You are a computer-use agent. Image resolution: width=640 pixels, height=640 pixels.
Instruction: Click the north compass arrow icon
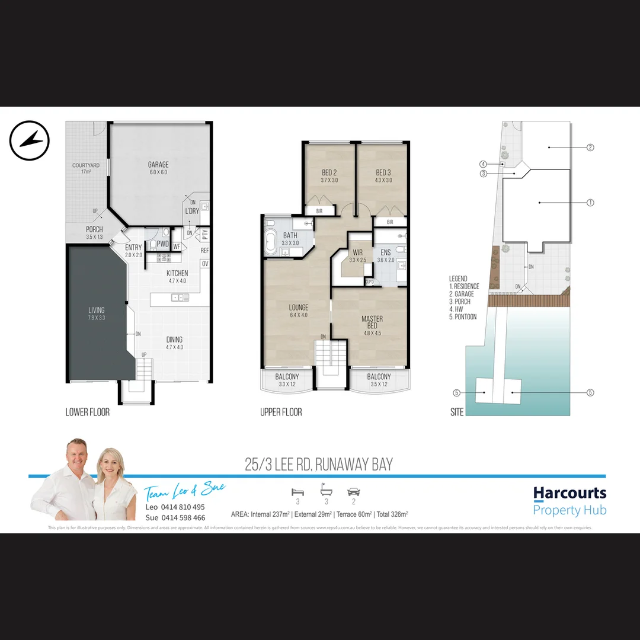[29, 140]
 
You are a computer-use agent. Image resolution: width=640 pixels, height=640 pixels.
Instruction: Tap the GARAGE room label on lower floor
[158, 165]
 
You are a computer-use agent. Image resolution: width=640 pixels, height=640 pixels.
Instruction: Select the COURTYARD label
[86, 165]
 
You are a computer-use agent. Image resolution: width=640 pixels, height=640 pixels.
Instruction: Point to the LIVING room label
[97, 310]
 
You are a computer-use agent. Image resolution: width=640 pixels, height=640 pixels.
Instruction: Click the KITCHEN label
[177, 273]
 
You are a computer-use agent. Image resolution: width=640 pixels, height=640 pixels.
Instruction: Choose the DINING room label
[175, 340]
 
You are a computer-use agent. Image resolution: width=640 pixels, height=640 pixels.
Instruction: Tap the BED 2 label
[329, 172]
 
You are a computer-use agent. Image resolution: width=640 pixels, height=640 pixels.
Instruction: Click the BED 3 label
[383, 172]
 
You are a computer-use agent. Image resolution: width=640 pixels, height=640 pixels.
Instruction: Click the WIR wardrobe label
[357, 252]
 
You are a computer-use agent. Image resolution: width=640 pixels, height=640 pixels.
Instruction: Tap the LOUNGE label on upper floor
[299, 308]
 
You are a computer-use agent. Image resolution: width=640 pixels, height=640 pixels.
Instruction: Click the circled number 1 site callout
[590, 203]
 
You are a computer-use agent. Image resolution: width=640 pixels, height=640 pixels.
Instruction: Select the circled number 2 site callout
[590, 148]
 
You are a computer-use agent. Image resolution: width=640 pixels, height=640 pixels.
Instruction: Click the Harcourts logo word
[569, 493]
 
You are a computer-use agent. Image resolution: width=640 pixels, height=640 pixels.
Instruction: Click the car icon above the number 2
[354, 492]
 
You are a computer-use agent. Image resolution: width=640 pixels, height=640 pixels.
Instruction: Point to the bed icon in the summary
[297, 492]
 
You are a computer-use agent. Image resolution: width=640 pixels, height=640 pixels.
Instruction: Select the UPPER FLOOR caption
[281, 412]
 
